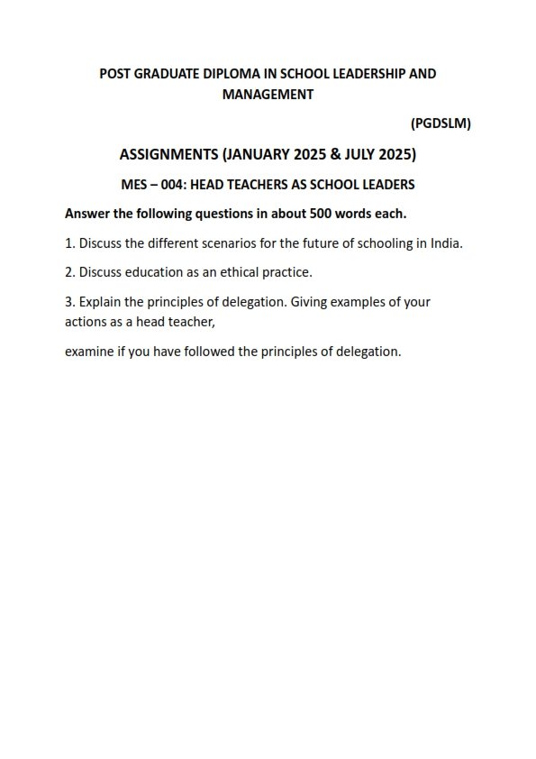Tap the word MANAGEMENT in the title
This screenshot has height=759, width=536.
pos(268,94)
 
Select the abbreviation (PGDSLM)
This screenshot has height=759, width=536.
pos(441,123)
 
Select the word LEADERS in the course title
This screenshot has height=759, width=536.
pos(387,185)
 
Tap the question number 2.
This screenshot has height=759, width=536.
pos(69,272)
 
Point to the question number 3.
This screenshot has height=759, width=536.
pos(69,302)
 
